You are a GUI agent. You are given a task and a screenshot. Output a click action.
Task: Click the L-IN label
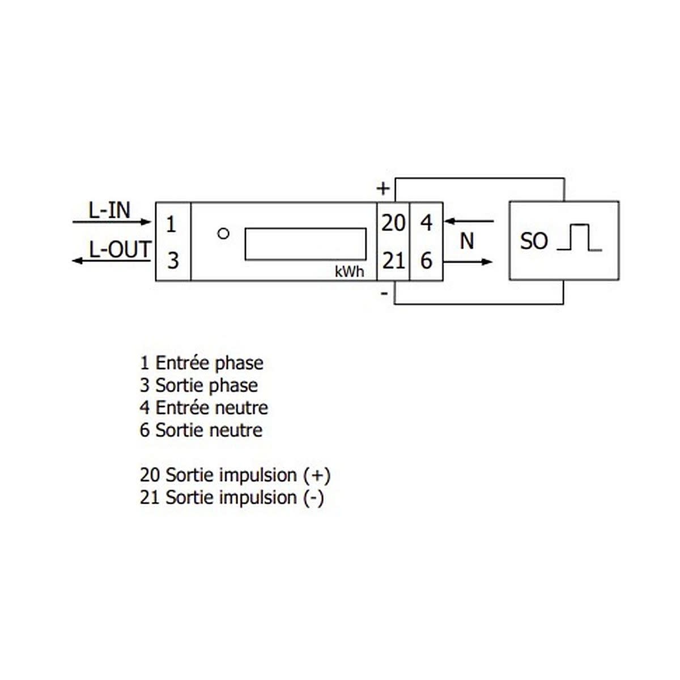(109, 211)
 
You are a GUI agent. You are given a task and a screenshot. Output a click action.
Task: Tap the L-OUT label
(120, 249)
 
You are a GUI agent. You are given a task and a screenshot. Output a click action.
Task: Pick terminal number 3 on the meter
(173, 261)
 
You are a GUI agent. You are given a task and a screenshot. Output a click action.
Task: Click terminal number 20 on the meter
(393, 223)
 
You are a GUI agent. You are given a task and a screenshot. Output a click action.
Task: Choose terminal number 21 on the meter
(393, 261)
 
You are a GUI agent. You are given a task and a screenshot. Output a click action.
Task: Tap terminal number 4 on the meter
(427, 223)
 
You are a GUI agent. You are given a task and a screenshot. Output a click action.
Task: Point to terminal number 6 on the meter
(427, 261)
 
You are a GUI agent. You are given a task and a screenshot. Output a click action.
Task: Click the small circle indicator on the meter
(223, 233)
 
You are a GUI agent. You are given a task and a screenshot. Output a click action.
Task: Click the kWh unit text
(350, 272)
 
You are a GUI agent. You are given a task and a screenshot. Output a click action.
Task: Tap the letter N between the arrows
(467, 241)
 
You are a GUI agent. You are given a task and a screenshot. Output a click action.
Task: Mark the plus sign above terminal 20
(383, 189)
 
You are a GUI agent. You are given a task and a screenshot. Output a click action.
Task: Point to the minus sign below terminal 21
(385, 293)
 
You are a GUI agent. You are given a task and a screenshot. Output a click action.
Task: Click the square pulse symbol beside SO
(579, 237)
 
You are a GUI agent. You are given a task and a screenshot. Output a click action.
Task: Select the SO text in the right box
(534, 241)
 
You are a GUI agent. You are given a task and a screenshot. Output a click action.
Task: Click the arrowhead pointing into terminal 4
(449, 222)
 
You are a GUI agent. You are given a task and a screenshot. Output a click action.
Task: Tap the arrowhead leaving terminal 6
(487, 262)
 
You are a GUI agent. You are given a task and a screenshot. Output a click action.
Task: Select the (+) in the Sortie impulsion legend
(317, 475)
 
